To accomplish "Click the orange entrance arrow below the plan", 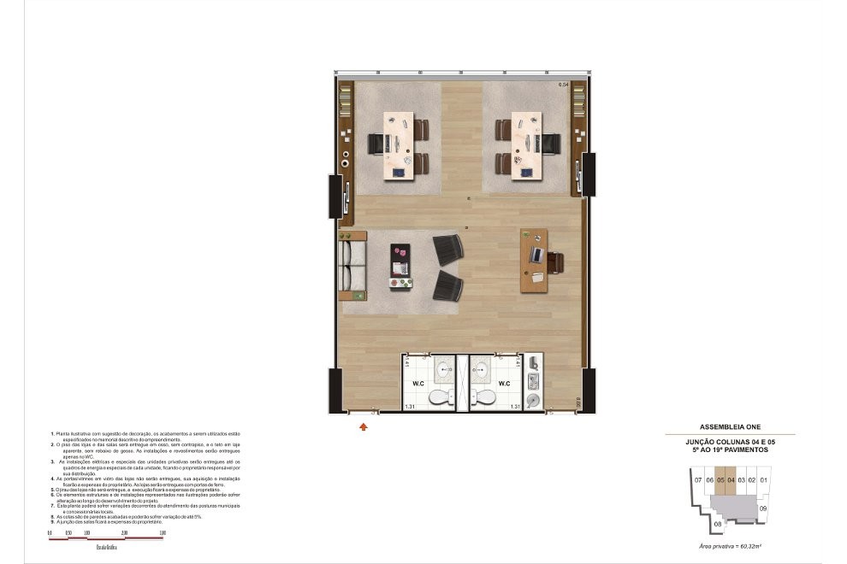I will (x=364, y=425).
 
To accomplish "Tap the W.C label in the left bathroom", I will (x=419, y=384).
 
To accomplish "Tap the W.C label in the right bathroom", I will (x=506, y=384).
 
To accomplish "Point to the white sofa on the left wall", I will (x=352, y=266).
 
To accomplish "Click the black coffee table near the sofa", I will (x=400, y=266).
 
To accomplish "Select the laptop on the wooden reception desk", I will (x=536, y=255).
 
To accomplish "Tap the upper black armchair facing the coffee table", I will (x=448, y=250).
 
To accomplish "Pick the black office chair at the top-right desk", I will (x=550, y=144).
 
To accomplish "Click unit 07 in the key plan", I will (x=699, y=480).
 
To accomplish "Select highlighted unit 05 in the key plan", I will (x=720, y=480).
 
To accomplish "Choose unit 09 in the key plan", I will (x=763, y=508).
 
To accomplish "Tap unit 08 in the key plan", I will (x=717, y=524).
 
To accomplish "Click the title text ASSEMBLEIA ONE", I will (x=730, y=426).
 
